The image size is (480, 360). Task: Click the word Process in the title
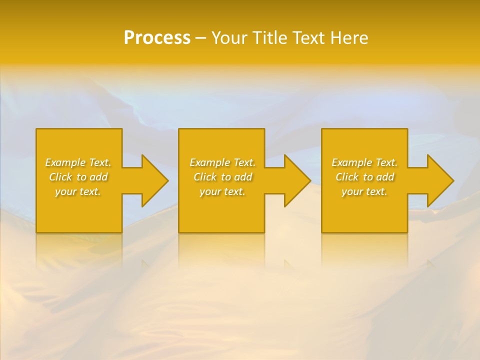157,38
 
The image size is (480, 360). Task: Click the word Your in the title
230,38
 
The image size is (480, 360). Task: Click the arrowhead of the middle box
297,180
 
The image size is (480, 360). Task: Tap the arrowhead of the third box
440,180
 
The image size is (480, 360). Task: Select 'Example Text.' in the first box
78,162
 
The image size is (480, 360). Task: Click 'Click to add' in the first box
78,177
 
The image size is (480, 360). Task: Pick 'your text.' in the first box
78,191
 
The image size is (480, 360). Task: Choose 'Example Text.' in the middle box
222,162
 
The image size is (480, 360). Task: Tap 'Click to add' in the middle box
222,177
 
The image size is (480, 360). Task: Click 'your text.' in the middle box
222,191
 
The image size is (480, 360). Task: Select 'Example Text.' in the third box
364,162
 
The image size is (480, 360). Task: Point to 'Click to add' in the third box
364,177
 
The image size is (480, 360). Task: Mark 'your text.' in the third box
364,191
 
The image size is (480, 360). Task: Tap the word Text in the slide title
309,38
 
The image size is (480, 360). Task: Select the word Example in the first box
65,162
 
